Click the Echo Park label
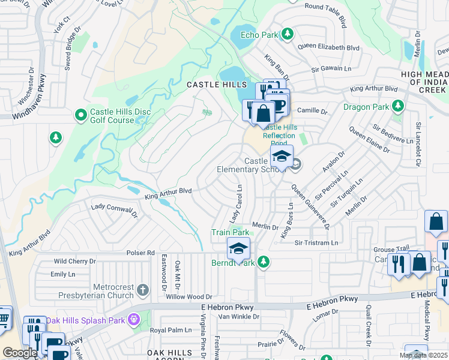[x=259, y=35]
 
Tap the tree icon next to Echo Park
[x=288, y=34]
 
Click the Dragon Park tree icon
[x=397, y=107]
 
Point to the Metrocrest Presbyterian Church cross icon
[x=142, y=290]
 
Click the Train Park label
[x=230, y=232]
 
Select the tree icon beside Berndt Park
[x=262, y=262]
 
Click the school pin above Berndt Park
[x=238, y=249]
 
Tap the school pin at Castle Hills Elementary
[x=282, y=157]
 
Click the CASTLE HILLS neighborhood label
[x=211, y=85]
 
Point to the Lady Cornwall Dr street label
[x=115, y=210]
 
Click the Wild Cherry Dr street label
[x=74, y=262]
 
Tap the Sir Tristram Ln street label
[x=316, y=243]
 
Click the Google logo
[x=20, y=353]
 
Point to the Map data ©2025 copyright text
[x=423, y=355]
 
